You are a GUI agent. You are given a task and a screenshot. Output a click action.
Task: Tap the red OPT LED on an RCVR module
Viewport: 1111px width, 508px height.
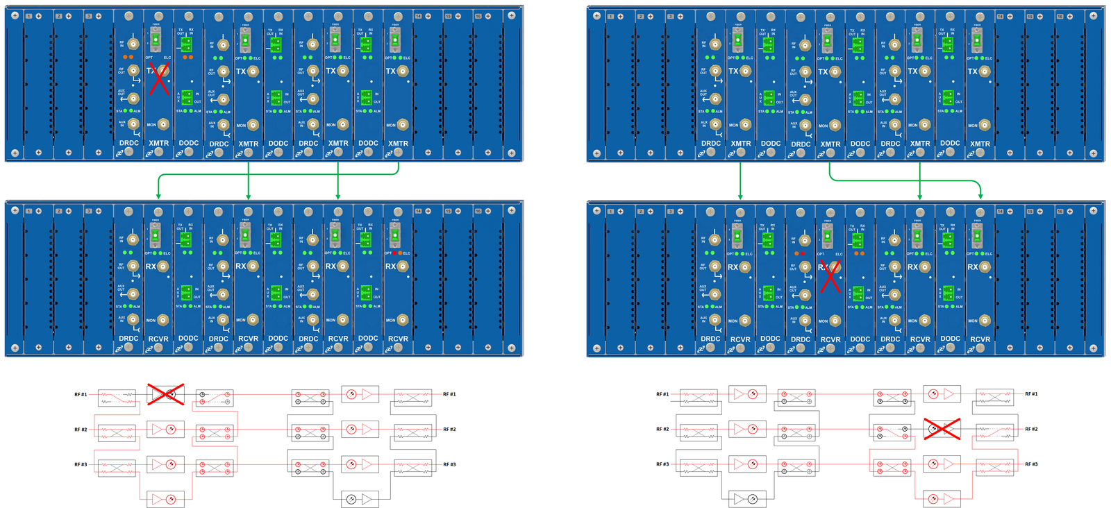[395, 253]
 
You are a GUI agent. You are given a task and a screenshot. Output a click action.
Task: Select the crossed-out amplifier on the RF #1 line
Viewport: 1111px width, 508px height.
[165, 394]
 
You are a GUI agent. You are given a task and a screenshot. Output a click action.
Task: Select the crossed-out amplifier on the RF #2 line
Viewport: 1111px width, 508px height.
[942, 429]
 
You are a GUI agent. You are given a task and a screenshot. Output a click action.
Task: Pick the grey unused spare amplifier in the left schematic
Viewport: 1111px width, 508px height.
[360, 499]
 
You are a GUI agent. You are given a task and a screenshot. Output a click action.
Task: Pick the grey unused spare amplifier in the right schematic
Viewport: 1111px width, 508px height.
[747, 499]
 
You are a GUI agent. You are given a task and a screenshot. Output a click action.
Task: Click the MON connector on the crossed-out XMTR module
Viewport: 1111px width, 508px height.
[163, 125]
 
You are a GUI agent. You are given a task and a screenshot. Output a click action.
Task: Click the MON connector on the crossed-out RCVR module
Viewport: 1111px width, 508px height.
[835, 321]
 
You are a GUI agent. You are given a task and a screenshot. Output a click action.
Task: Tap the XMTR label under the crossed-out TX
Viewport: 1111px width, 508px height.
[159, 144]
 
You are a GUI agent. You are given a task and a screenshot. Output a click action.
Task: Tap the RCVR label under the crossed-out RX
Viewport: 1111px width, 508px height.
[830, 340]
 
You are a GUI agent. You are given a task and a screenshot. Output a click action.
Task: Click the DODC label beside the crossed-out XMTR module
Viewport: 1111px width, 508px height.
[189, 143]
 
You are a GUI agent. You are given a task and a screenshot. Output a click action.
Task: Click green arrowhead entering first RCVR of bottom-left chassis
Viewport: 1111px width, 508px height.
[158, 197]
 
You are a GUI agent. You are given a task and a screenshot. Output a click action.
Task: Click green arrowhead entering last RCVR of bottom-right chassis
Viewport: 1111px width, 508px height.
[980, 197]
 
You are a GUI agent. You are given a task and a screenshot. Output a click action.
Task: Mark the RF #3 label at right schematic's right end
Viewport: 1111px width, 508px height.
[1031, 464]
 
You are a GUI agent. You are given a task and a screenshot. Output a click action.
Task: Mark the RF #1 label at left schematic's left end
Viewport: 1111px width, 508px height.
[81, 394]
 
